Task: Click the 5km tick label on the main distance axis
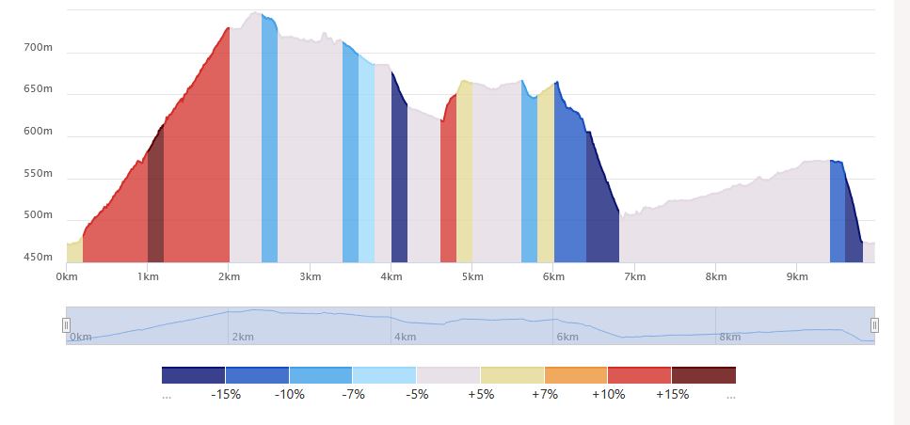(472, 276)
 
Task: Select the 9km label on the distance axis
(797, 276)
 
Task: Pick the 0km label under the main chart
(67, 276)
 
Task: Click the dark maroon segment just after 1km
(155, 207)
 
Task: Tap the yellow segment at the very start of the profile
(74, 252)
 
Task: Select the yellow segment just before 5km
(464, 179)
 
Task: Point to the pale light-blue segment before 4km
(366, 169)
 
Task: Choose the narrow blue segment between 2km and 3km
(269, 141)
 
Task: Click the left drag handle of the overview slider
(66, 325)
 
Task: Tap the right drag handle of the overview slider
(874, 325)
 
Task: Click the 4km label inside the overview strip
(406, 337)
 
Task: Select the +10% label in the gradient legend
(608, 394)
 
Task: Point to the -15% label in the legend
(226, 394)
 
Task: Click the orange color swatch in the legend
(576, 375)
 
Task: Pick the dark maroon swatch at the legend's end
(703, 375)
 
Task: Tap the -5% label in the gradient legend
(417, 394)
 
